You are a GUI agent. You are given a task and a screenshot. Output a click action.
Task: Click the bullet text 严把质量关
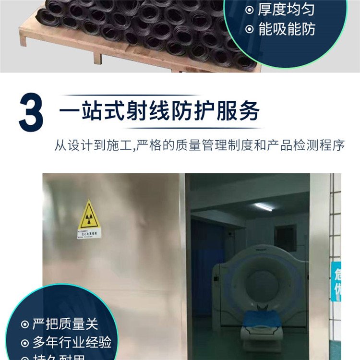pyautogui.click(x=66, y=324)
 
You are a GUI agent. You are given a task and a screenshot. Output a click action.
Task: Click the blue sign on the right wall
pyautogui.click(x=336, y=281)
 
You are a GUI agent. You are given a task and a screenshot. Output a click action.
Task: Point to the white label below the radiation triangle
pyautogui.click(x=89, y=234)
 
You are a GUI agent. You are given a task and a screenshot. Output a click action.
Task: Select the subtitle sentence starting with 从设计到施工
pyautogui.click(x=199, y=145)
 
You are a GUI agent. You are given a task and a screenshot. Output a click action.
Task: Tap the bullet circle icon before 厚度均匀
pyautogui.click(x=249, y=10)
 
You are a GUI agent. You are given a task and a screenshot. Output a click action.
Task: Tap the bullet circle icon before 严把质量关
pyautogui.click(x=24, y=324)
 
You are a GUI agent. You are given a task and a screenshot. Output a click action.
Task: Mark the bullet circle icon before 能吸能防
pyautogui.click(x=249, y=30)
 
